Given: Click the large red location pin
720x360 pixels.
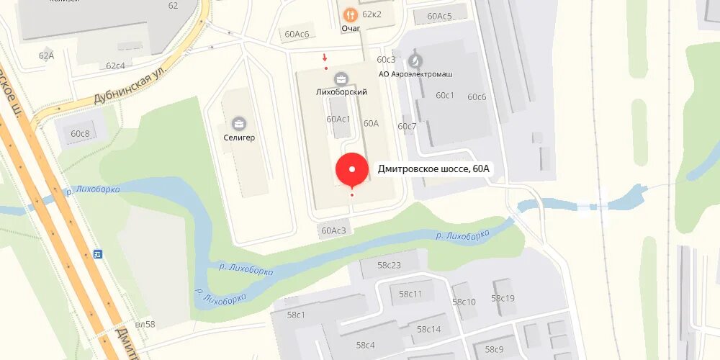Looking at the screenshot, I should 352,171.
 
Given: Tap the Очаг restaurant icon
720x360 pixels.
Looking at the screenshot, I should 350,14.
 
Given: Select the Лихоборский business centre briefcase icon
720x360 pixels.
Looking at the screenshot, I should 341,78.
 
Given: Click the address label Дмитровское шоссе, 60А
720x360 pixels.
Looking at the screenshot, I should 433,169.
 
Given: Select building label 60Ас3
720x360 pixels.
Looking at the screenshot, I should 334,230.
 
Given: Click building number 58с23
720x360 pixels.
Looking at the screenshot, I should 389,265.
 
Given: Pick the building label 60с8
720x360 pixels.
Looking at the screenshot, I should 80,133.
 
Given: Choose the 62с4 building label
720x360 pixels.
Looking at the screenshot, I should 115,66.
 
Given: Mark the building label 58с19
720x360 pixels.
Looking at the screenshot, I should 503,298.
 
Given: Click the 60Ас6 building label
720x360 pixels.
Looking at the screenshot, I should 297,34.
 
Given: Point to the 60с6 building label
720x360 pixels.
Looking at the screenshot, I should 477,97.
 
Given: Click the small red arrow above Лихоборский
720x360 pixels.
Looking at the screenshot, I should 325,57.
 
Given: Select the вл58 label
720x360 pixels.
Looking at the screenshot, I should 145,324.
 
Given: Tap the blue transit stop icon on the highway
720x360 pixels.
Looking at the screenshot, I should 98,253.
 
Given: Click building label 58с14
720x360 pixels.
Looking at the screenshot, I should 428,329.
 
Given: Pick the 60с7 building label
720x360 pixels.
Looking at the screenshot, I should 407,126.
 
